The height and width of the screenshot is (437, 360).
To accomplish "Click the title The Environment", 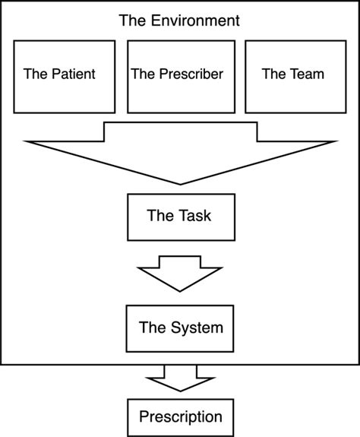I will coord(179,21).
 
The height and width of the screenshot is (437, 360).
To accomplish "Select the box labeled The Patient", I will coord(64,75).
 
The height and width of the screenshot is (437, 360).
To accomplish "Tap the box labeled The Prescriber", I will coord(179,75).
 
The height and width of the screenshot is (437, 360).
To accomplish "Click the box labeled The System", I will coord(179,328).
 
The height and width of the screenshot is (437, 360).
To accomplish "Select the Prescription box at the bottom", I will coord(180,416).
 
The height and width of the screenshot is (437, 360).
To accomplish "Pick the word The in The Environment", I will coord(131,21).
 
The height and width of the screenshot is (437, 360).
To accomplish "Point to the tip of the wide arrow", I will coord(180,182).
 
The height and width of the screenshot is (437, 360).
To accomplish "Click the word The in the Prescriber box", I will coord(143,74).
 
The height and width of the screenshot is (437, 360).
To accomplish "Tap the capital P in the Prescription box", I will coord(143,416).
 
